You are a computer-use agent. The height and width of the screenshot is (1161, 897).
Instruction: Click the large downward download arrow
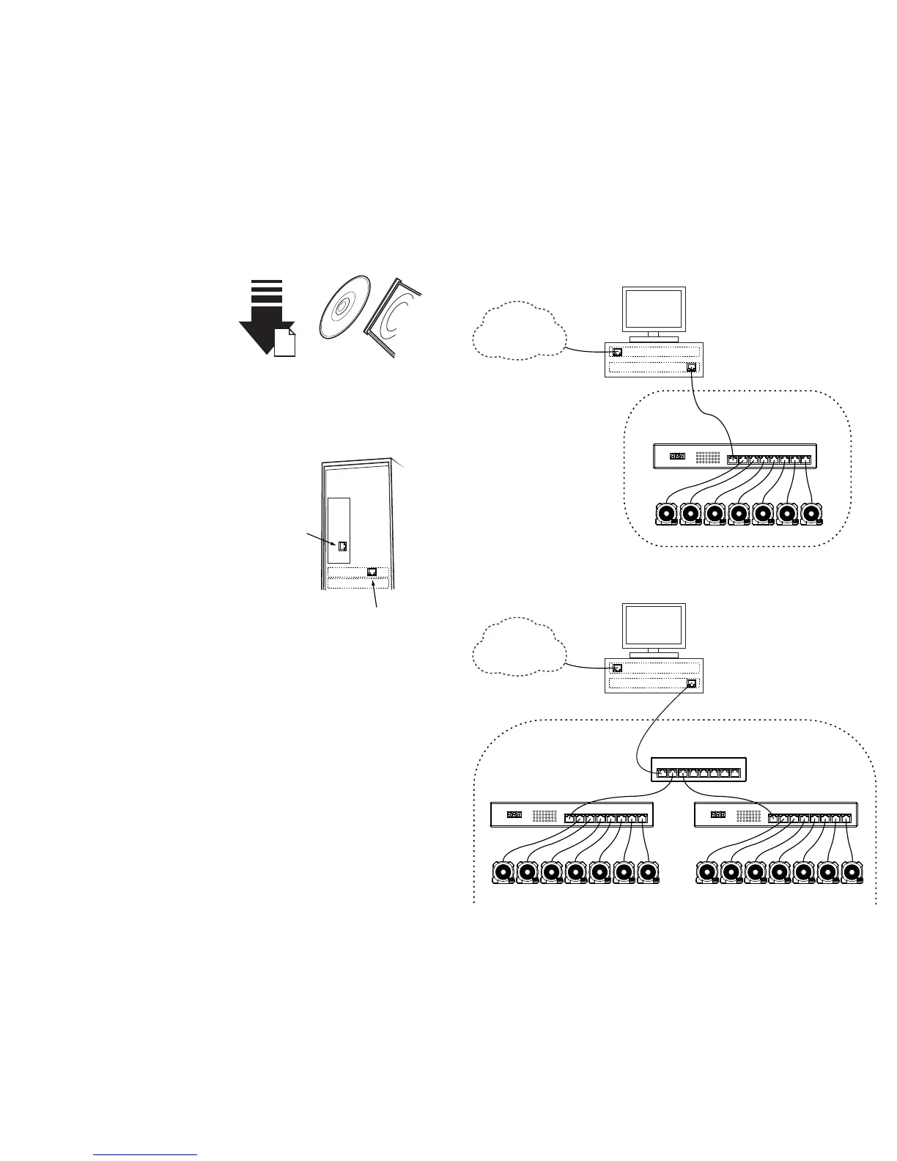tap(262, 322)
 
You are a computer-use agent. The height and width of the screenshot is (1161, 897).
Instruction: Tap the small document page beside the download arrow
tap(285, 343)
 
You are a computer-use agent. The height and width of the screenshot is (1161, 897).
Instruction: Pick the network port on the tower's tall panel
tap(342, 546)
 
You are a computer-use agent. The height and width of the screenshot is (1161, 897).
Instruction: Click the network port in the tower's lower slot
tap(372, 572)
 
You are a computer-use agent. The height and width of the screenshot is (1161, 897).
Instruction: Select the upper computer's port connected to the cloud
tap(618, 353)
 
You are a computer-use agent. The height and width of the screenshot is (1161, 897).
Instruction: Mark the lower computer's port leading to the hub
tap(691, 684)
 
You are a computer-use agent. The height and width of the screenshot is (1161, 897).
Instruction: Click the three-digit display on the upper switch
tap(679, 457)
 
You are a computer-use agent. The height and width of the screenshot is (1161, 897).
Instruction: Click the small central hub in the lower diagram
tap(698, 772)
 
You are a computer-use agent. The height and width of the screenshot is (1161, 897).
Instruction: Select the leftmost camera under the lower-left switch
tap(503, 873)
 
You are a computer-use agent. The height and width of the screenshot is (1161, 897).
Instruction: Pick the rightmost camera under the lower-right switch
tap(852, 873)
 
